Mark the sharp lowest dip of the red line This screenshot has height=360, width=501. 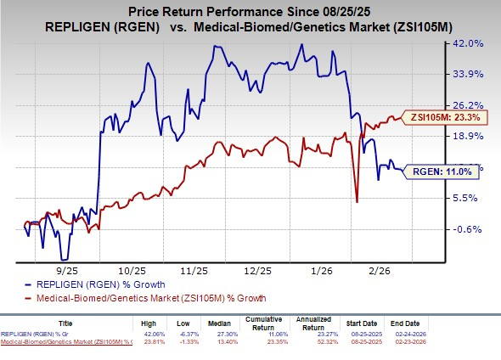(x=357, y=201)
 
